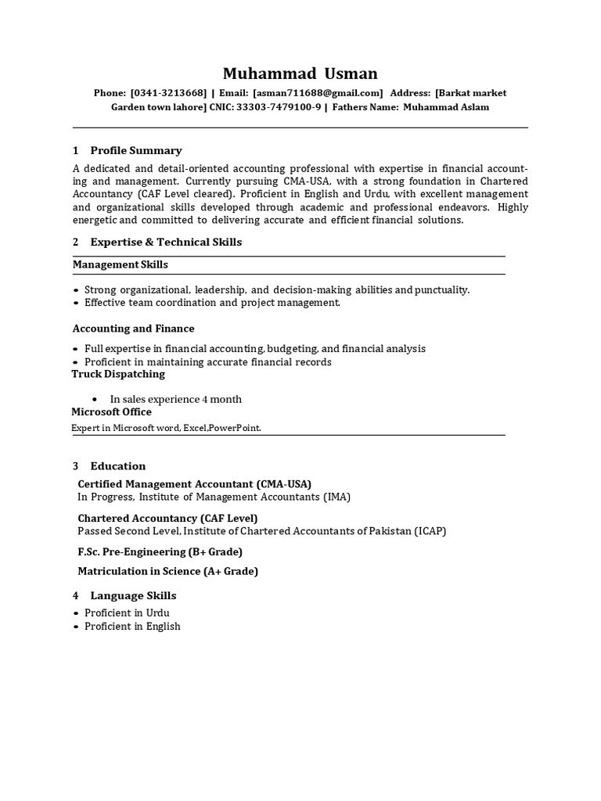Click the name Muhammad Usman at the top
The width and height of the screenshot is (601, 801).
click(x=300, y=74)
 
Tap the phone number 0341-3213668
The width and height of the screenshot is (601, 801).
click(x=168, y=93)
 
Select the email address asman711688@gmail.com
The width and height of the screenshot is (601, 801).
click(x=318, y=93)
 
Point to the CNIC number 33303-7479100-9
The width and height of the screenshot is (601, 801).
click(x=279, y=107)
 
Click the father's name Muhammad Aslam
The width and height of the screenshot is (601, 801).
click(x=446, y=107)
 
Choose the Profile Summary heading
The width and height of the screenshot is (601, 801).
click(x=135, y=150)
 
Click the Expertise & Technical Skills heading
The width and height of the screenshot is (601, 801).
click(x=166, y=242)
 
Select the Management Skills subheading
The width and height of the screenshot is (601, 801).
click(x=121, y=264)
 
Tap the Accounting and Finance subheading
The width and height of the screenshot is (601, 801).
click(x=134, y=329)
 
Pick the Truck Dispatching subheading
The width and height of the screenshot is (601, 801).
click(x=118, y=374)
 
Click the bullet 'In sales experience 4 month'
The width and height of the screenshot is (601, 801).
click(x=175, y=399)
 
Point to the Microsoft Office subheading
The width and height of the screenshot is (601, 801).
click(x=112, y=411)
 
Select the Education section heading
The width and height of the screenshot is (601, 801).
click(x=117, y=465)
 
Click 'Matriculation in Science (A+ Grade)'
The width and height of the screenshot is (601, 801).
click(x=167, y=571)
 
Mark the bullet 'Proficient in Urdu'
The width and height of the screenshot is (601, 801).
click(x=126, y=612)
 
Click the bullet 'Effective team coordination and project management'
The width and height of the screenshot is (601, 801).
click(x=212, y=302)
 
